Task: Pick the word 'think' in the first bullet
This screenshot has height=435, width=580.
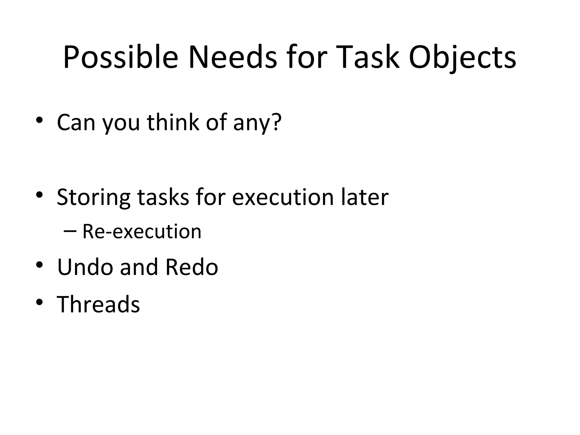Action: tap(173, 122)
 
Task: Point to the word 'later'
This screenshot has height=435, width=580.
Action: tap(365, 197)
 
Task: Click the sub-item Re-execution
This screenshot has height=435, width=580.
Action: tap(142, 231)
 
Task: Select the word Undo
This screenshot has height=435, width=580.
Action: tap(85, 267)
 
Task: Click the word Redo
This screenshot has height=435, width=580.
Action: tap(191, 267)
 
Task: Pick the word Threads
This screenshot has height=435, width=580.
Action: tap(98, 304)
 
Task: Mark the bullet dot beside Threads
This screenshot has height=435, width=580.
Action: tap(39, 302)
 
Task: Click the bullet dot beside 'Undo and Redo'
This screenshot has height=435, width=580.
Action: tap(39, 265)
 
